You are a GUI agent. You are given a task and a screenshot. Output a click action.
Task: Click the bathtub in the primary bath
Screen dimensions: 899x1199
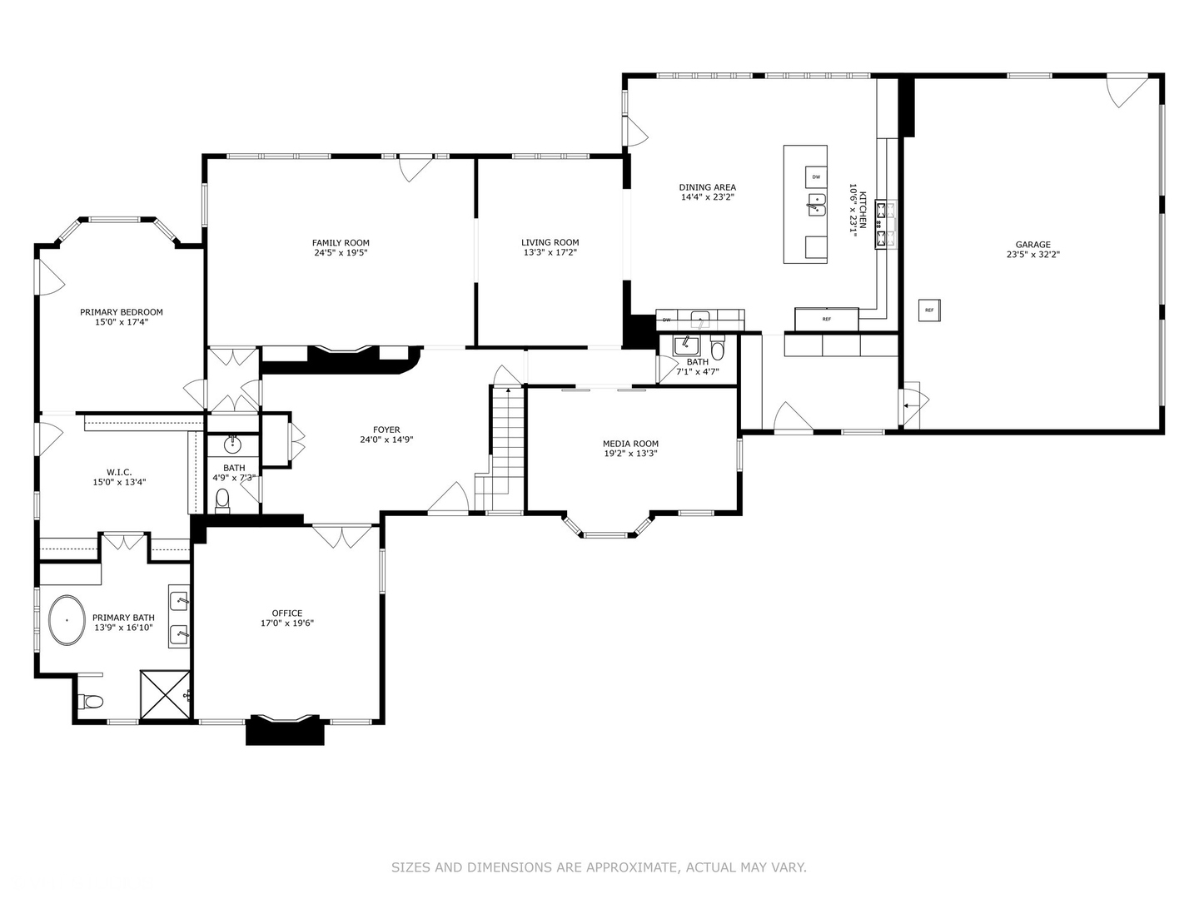coord(67,619)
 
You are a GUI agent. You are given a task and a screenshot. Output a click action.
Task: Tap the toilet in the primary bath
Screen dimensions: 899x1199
coord(90,702)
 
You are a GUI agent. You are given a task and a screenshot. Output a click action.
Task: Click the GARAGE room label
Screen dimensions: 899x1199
coord(1032,245)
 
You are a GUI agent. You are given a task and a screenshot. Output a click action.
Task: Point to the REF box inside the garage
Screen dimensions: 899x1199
coord(929,310)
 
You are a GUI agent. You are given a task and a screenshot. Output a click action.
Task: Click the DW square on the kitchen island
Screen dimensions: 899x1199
coord(816,176)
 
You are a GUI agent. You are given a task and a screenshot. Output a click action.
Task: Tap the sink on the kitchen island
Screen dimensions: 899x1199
coord(816,204)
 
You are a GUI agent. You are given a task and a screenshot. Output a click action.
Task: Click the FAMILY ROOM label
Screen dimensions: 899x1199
coord(341,243)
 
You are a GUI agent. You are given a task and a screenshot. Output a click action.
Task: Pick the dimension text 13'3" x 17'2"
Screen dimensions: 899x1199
coord(550,252)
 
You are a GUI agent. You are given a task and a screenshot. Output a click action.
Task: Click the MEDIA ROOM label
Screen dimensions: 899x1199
coord(630,444)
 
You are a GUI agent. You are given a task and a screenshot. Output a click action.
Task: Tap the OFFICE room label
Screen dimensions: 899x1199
coord(286,613)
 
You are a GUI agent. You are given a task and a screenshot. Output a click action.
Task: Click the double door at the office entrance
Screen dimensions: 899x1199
coord(342,536)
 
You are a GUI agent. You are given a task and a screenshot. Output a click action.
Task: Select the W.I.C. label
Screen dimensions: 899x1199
coord(119,472)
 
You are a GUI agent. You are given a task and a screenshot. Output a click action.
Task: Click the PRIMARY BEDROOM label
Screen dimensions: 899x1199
coord(122,312)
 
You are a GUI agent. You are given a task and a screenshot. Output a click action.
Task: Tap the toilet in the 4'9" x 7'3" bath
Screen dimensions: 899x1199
coord(222,499)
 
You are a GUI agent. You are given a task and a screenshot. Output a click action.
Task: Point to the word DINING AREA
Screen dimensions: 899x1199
coord(707,187)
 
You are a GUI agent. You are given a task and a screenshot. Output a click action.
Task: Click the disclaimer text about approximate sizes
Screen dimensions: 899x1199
coord(599,867)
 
